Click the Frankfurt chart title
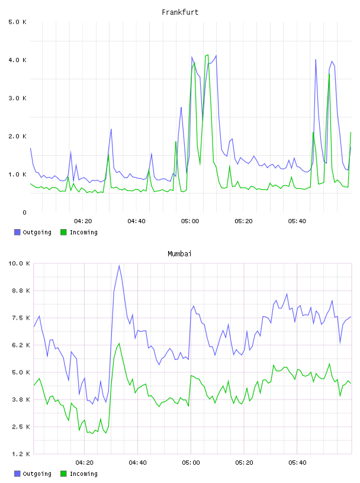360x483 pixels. pyautogui.click(x=180, y=12)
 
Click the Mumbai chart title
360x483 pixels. pyautogui.click(x=179, y=254)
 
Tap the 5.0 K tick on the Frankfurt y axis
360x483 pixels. pyautogui.click(x=18, y=22)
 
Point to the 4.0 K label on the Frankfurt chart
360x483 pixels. pyautogui.click(x=18, y=60)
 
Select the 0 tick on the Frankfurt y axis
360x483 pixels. pyautogui.click(x=25, y=212)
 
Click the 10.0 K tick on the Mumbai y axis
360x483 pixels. pyautogui.click(x=19, y=263)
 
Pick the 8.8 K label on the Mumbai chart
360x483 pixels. pyautogui.click(x=21, y=291)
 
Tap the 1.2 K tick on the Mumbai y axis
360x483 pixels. pyautogui.click(x=21, y=454)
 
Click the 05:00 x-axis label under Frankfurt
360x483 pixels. pyautogui.click(x=190, y=221)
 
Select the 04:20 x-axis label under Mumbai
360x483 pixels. pyautogui.click(x=85, y=463)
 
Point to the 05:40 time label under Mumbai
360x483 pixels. pyautogui.click(x=297, y=463)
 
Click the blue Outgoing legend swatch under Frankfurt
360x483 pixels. pyautogui.click(x=17, y=232)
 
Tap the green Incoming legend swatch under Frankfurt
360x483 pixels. pyautogui.click(x=63, y=232)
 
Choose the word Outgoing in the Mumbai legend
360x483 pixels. pyautogui.click(x=37, y=474)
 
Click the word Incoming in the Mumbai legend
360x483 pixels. pyautogui.click(x=83, y=474)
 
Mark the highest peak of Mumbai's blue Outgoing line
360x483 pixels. pyautogui.click(x=119, y=266)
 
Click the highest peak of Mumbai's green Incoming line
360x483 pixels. pyautogui.click(x=119, y=343)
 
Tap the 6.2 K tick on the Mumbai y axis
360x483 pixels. pyautogui.click(x=21, y=345)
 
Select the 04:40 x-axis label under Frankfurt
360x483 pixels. pyautogui.click(x=137, y=221)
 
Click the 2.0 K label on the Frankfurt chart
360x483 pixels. pyautogui.click(x=18, y=137)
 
